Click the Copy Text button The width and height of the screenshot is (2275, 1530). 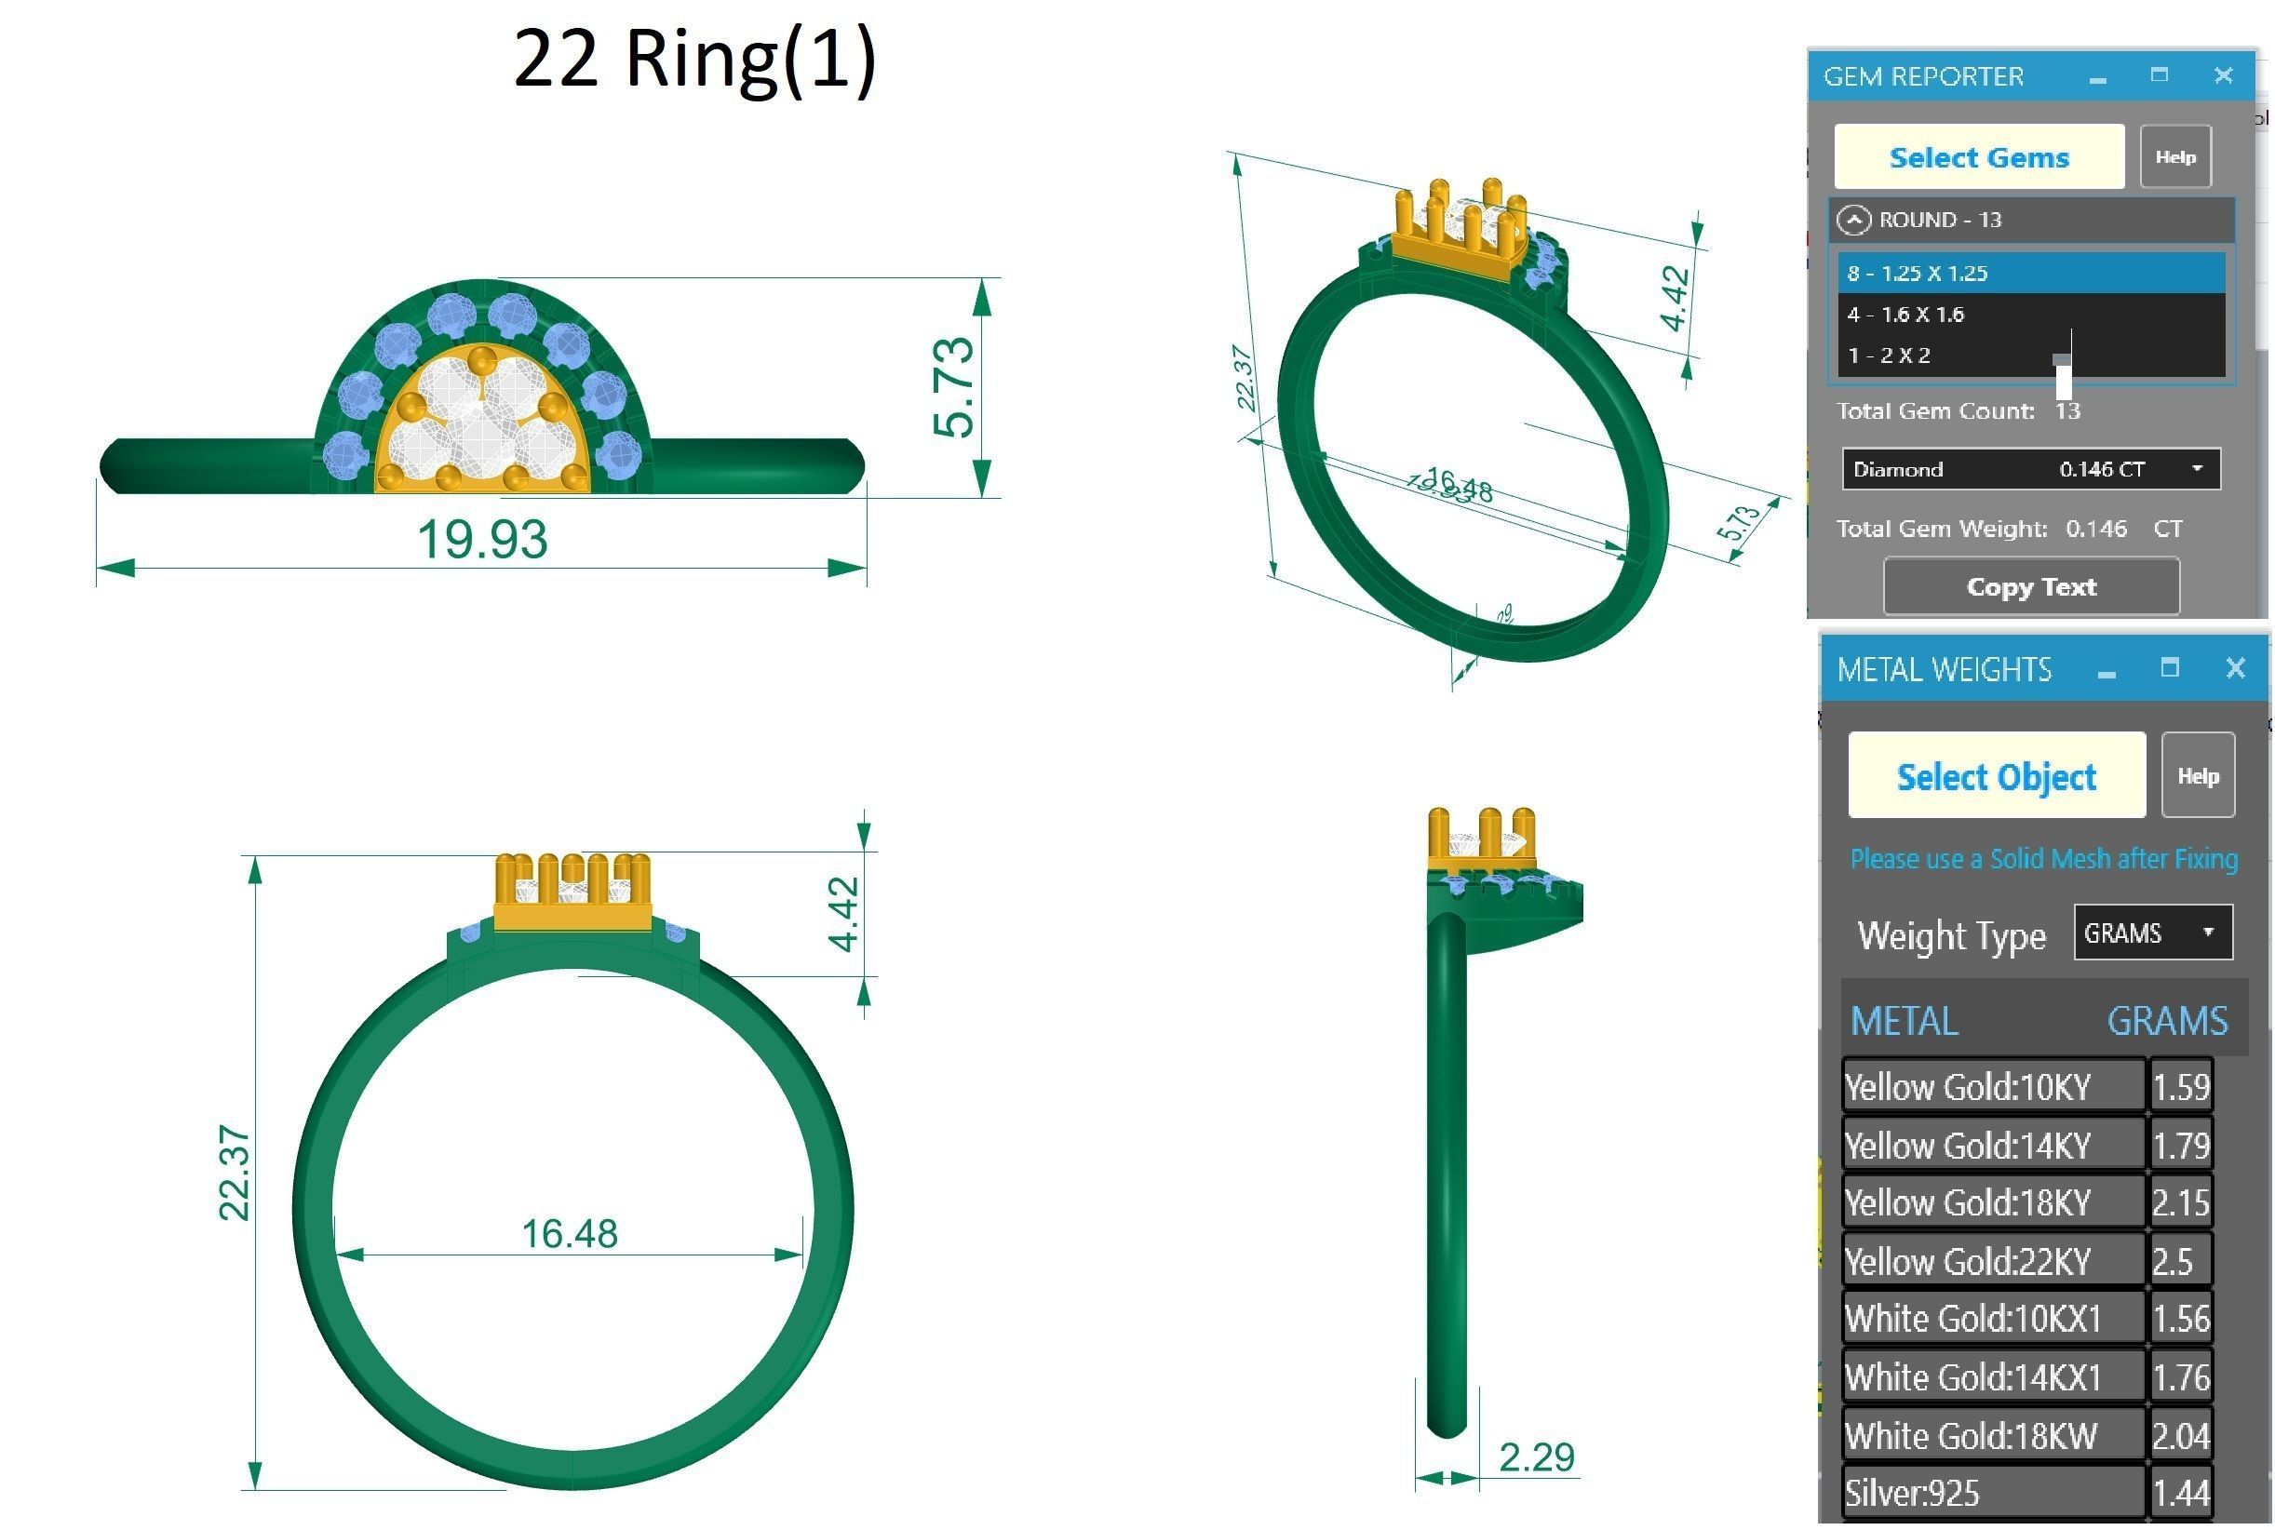(2030, 586)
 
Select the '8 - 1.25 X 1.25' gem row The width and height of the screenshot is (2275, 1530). (2030, 274)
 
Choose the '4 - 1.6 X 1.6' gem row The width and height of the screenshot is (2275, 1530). (2030, 315)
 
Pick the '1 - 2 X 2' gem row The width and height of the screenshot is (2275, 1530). (2030, 356)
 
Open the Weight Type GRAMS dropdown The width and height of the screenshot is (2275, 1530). (2152, 933)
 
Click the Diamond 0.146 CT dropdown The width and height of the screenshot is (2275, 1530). (2030, 469)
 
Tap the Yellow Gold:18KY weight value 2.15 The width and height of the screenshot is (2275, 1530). (2180, 1202)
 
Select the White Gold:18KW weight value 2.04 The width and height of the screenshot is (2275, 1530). (2180, 1435)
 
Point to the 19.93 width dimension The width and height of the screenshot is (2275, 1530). (482, 540)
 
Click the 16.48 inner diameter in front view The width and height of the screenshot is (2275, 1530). (569, 1233)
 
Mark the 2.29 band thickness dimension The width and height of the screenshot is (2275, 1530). (1536, 1457)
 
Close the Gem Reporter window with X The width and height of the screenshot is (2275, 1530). (2223, 76)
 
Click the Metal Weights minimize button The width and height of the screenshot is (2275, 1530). (2107, 671)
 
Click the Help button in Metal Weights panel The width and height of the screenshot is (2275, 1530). (2197, 776)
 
